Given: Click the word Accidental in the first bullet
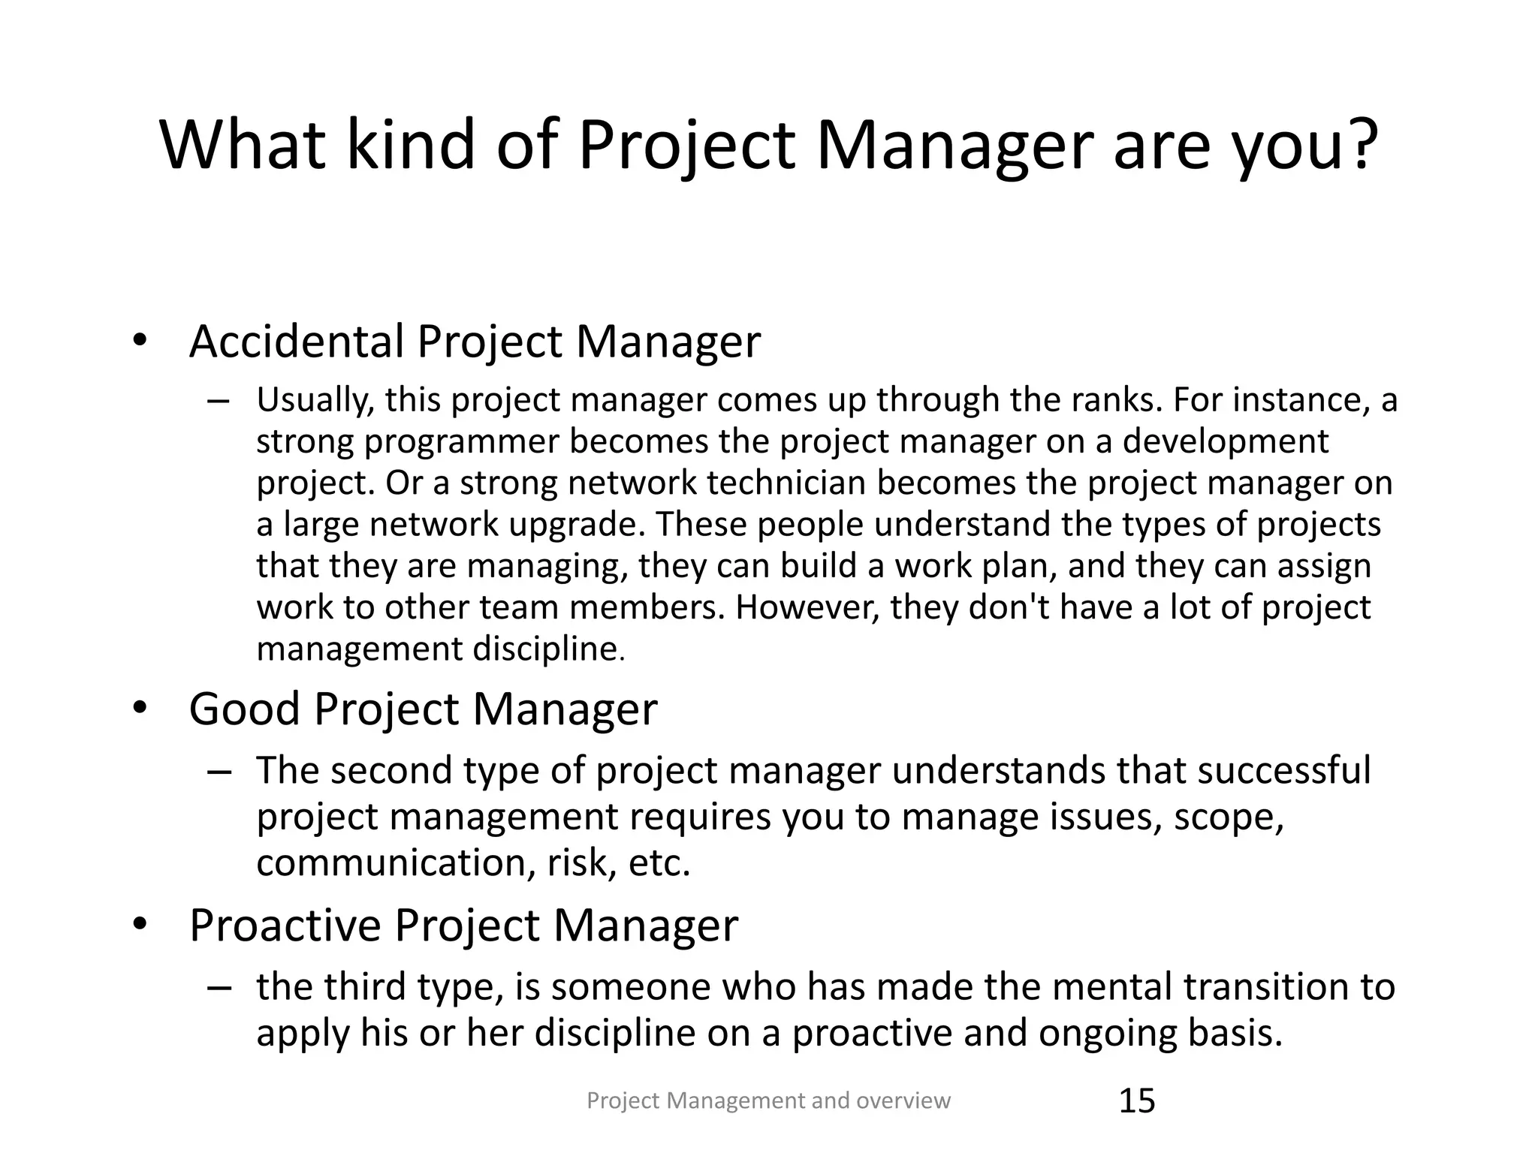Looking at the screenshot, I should [x=297, y=342].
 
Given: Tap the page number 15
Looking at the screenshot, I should [x=1137, y=1101].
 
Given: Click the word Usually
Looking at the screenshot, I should [x=315, y=400].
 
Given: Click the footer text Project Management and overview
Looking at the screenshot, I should [x=768, y=1100].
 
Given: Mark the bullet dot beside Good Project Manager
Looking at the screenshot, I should [x=139, y=709].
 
